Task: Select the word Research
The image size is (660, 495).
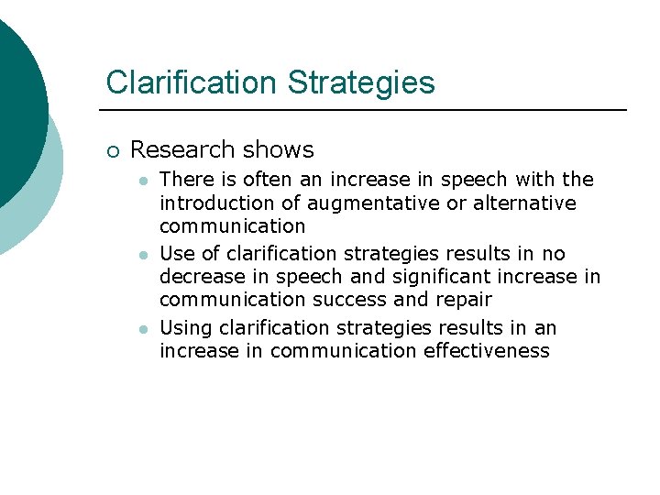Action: point(181,149)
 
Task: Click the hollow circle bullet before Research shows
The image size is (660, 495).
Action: point(112,150)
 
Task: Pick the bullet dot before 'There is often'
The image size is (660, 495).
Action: point(143,181)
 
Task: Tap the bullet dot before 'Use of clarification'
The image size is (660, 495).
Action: point(143,255)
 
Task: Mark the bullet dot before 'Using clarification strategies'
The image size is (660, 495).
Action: point(143,329)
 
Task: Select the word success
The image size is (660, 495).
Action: point(357,300)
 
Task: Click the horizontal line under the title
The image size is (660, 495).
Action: point(367,111)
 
